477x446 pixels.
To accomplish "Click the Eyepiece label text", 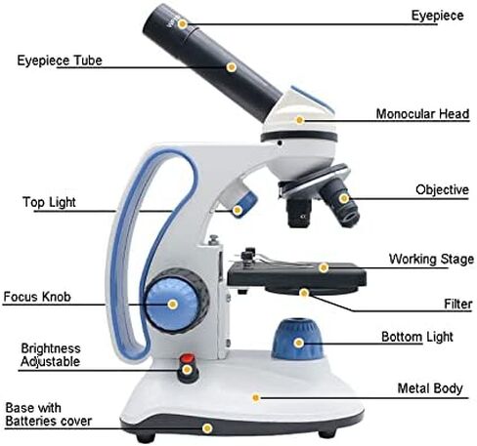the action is (437, 16).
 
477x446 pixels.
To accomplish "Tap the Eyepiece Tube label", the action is (60, 61).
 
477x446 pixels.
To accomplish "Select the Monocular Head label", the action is (422, 114).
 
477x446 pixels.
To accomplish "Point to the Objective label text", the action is (442, 189).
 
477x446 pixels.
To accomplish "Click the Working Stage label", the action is (431, 259).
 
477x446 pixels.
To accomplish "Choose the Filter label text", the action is (458, 304).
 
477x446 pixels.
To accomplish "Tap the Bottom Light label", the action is (417, 337).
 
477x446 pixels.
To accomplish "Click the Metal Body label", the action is (430, 388).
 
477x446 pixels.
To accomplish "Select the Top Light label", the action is (49, 202).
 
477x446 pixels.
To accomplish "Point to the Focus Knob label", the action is (37, 297).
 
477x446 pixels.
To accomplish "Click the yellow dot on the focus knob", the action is (172, 304).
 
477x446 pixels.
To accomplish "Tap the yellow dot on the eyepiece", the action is (183, 23).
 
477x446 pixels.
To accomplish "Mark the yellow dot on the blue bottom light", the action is (298, 343).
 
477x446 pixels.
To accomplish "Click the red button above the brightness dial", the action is (187, 358).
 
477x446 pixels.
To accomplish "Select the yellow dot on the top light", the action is (238, 210).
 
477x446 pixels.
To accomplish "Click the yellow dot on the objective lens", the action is (343, 198).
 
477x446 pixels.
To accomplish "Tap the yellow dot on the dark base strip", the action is (207, 428).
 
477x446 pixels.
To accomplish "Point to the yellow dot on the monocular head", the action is (300, 120).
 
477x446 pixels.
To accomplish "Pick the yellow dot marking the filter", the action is (304, 293).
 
